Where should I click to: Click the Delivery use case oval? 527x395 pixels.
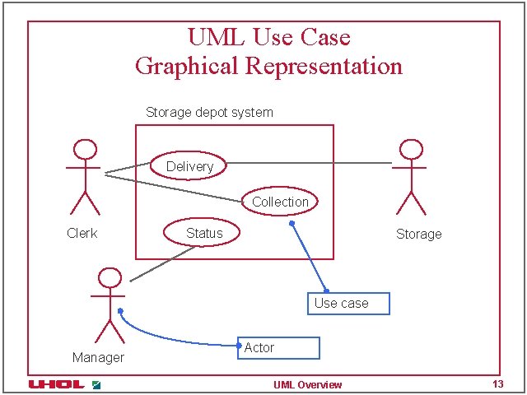[189, 165]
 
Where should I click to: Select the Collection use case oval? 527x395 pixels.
[280, 201]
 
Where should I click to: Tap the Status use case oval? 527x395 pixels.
[203, 233]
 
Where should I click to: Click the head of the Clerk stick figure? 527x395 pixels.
[83, 150]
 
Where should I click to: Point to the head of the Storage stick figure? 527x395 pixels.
[410, 150]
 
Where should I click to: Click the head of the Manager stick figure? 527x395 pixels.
[109, 278]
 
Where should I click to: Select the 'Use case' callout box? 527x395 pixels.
[348, 303]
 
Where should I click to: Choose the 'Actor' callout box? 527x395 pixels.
[278, 348]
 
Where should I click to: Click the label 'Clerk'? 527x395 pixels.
[82, 233]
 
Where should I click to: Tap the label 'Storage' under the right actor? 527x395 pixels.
[418, 234]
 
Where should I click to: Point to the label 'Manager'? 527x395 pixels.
[98, 357]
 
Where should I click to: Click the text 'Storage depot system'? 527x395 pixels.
[209, 112]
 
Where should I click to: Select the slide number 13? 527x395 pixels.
[497, 384]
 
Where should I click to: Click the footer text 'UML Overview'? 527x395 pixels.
[307, 385]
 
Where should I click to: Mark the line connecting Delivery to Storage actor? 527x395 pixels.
[309, 163]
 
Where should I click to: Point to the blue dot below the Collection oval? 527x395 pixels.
[291, 222]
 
